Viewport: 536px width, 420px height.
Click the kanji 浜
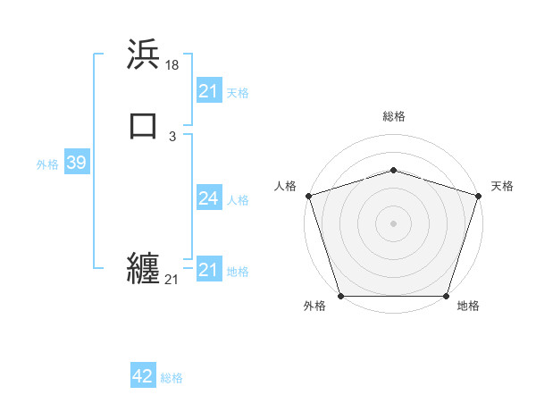(x=144, y=55)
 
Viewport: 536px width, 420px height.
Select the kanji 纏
(x=144, y=268)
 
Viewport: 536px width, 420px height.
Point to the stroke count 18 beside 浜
(x=172, y=65)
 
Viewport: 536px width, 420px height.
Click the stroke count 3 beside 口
(x=172, y=137)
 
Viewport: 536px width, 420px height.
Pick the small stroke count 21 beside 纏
(x=172, y=280)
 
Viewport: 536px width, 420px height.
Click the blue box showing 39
(x=76, y=163)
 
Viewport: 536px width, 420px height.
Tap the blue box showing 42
(x=143, y=376)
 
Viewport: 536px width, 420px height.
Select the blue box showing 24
(x=208, y=198)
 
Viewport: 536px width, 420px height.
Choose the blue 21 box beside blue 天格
(x=208, y=91)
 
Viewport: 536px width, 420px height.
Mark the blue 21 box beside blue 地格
(x=208, y=270)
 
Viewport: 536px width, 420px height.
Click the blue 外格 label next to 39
(x=47, y=164)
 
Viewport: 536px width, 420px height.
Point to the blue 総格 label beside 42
(x=172, y=378)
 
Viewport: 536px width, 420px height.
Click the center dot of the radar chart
(x=393, y=223)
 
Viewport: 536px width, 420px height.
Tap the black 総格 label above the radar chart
(x=394, y=116)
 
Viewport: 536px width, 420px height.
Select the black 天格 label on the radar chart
(x=502, y=186)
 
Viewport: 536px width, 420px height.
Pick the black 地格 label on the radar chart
(x=468, y=307)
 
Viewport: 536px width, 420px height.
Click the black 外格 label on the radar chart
(x=314, y=307)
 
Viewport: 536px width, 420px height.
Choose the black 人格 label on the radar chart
(x=285, y=186)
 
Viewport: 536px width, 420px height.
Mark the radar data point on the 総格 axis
(x=393, y=170)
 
